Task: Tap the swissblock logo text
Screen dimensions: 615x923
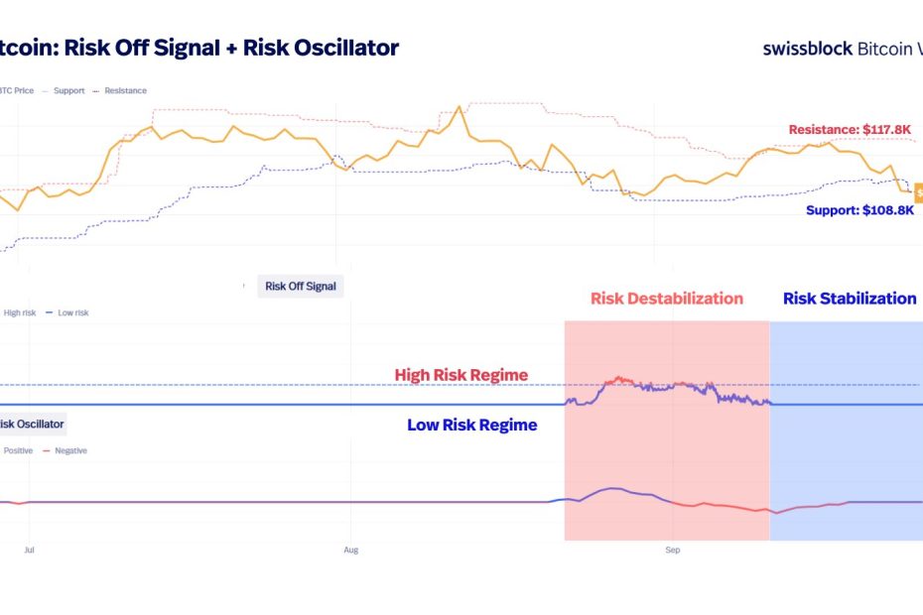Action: coord(807,48)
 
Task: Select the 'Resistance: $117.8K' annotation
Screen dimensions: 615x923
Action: coord(851,129)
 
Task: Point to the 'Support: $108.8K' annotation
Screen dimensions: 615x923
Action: coord(859,210)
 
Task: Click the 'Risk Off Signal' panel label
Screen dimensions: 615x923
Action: coord(301,287)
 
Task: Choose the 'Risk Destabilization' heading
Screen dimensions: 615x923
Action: coord(666,298)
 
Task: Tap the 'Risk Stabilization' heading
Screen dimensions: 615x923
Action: coord(850,298)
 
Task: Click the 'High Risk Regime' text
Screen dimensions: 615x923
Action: coord(461,375)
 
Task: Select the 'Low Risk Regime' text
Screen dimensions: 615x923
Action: coord(471,425)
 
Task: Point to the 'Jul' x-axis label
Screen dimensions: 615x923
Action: coord(29,548)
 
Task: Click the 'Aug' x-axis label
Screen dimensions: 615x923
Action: coord(350,548)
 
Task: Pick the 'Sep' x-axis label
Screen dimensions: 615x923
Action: coord(672,548)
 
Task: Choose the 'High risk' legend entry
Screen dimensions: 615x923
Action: coord(18,312)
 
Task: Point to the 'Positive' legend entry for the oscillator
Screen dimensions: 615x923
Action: coord(18,450)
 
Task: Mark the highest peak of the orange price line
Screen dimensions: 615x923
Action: coord(460,106)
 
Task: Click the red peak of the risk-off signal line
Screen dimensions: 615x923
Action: coord(619,378)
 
